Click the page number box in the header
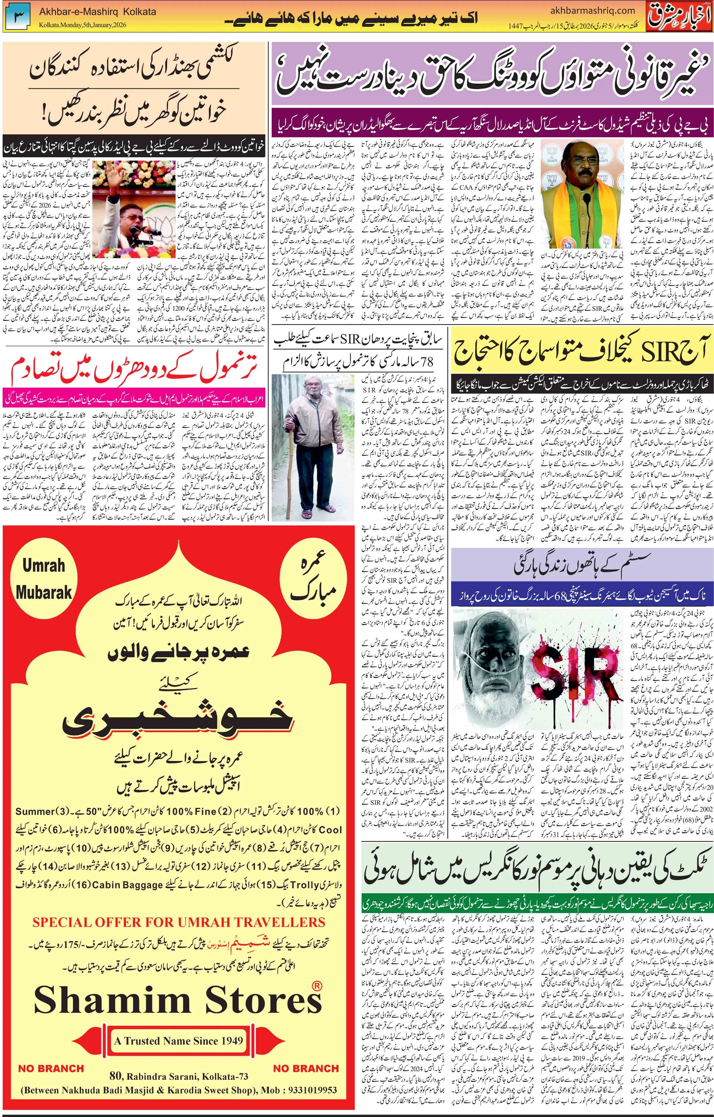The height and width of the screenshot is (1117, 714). click(x=18, y=15)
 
